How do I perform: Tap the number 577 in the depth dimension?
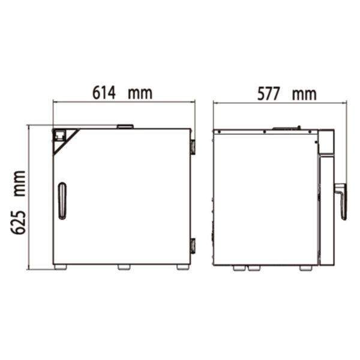[x=269, y=94]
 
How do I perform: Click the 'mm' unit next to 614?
[x=140, y=93]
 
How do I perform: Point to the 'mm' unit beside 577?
[x=305, y=94]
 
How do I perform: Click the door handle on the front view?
[x=62, y=200]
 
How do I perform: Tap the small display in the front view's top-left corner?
[x=59, y=136]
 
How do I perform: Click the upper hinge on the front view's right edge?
[x=192, y=146]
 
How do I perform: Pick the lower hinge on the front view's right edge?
[x=192, y=245]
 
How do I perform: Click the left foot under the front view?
[x=60, y=267]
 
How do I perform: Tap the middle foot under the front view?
[x=124, y=267]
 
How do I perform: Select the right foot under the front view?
[x=182, y=267]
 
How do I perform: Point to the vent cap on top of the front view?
[x=125, y=126]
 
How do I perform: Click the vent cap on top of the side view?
[x=287, y=127]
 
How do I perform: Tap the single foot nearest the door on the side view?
[x=306, y=268]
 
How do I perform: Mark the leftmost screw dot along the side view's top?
[x=220, y=131]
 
